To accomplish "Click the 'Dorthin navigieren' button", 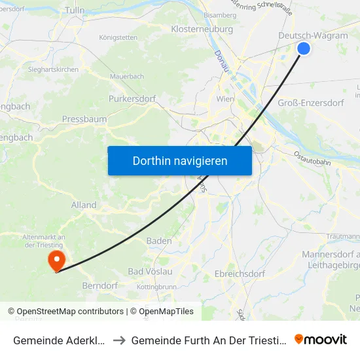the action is (x=180, y=160).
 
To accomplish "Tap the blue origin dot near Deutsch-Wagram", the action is (x=304, y=48).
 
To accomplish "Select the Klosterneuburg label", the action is (x=202, y=29).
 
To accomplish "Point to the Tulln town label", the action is (x=75, y=10).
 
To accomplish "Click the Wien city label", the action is (x=225, y=99).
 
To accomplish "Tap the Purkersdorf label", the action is (x=132, y=99).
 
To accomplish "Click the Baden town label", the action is (x=159, y=241).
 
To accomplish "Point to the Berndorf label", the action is (x=100, y=286).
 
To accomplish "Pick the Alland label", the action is (x=84, y=205).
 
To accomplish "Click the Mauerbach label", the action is (x=127, y=77).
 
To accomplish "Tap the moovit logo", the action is (x=321, y=339).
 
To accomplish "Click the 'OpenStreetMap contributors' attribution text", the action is (x=70, y=312).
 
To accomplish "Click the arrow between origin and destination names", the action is (x=121, y=340).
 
